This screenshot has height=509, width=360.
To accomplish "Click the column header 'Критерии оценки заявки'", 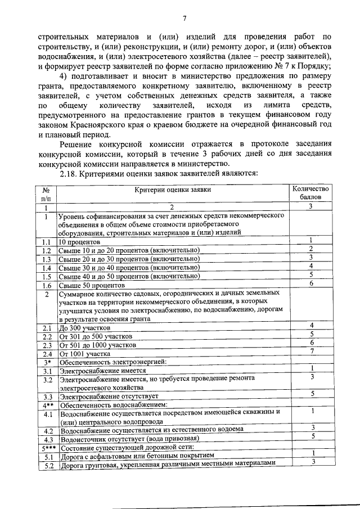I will (x=173, y=190).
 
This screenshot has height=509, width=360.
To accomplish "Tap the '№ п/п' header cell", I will (x=47, y=195).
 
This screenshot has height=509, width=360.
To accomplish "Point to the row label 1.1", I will (x=47, y=241).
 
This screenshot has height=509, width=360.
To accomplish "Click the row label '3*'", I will (x=47, y=362).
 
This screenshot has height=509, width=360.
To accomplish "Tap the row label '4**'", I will (x=47, y=404).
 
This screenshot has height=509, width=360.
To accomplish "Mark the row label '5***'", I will (x=47, y=447).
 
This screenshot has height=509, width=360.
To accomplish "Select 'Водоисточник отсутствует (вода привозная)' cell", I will (x=129, y=439).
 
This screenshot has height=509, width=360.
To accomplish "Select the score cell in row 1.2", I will (x=310, y=249).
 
